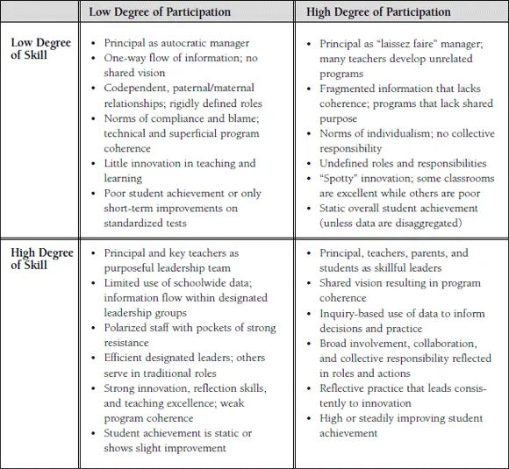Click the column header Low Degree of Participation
point(160,12)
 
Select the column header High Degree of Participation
point(378,12)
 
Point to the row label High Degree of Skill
point(43,259)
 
